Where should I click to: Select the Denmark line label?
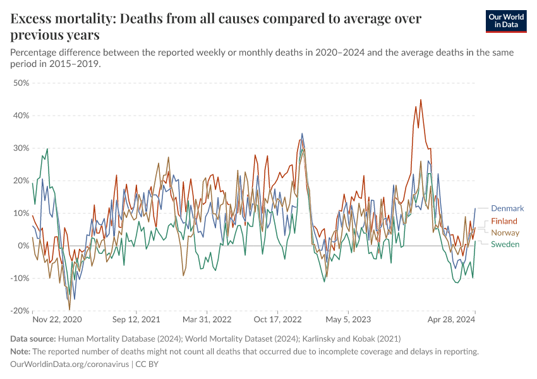pos(507,208)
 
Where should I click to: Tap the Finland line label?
pos(504,221)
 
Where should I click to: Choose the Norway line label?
pos(505,233)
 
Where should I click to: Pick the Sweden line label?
pos(505,244)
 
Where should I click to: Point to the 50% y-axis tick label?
pos(21,83)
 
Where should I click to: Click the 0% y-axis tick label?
pos(23,246)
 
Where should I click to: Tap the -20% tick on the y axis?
pos(20,311)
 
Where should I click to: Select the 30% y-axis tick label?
pos(21,148)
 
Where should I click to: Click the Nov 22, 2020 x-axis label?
pos(57,320)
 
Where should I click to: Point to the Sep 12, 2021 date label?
pos(136,320)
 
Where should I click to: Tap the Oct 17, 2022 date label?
pos(278,320)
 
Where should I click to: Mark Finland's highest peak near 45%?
pos(421,100)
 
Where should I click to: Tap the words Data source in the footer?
pos(33,339)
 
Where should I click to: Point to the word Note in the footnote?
pos(21,351)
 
